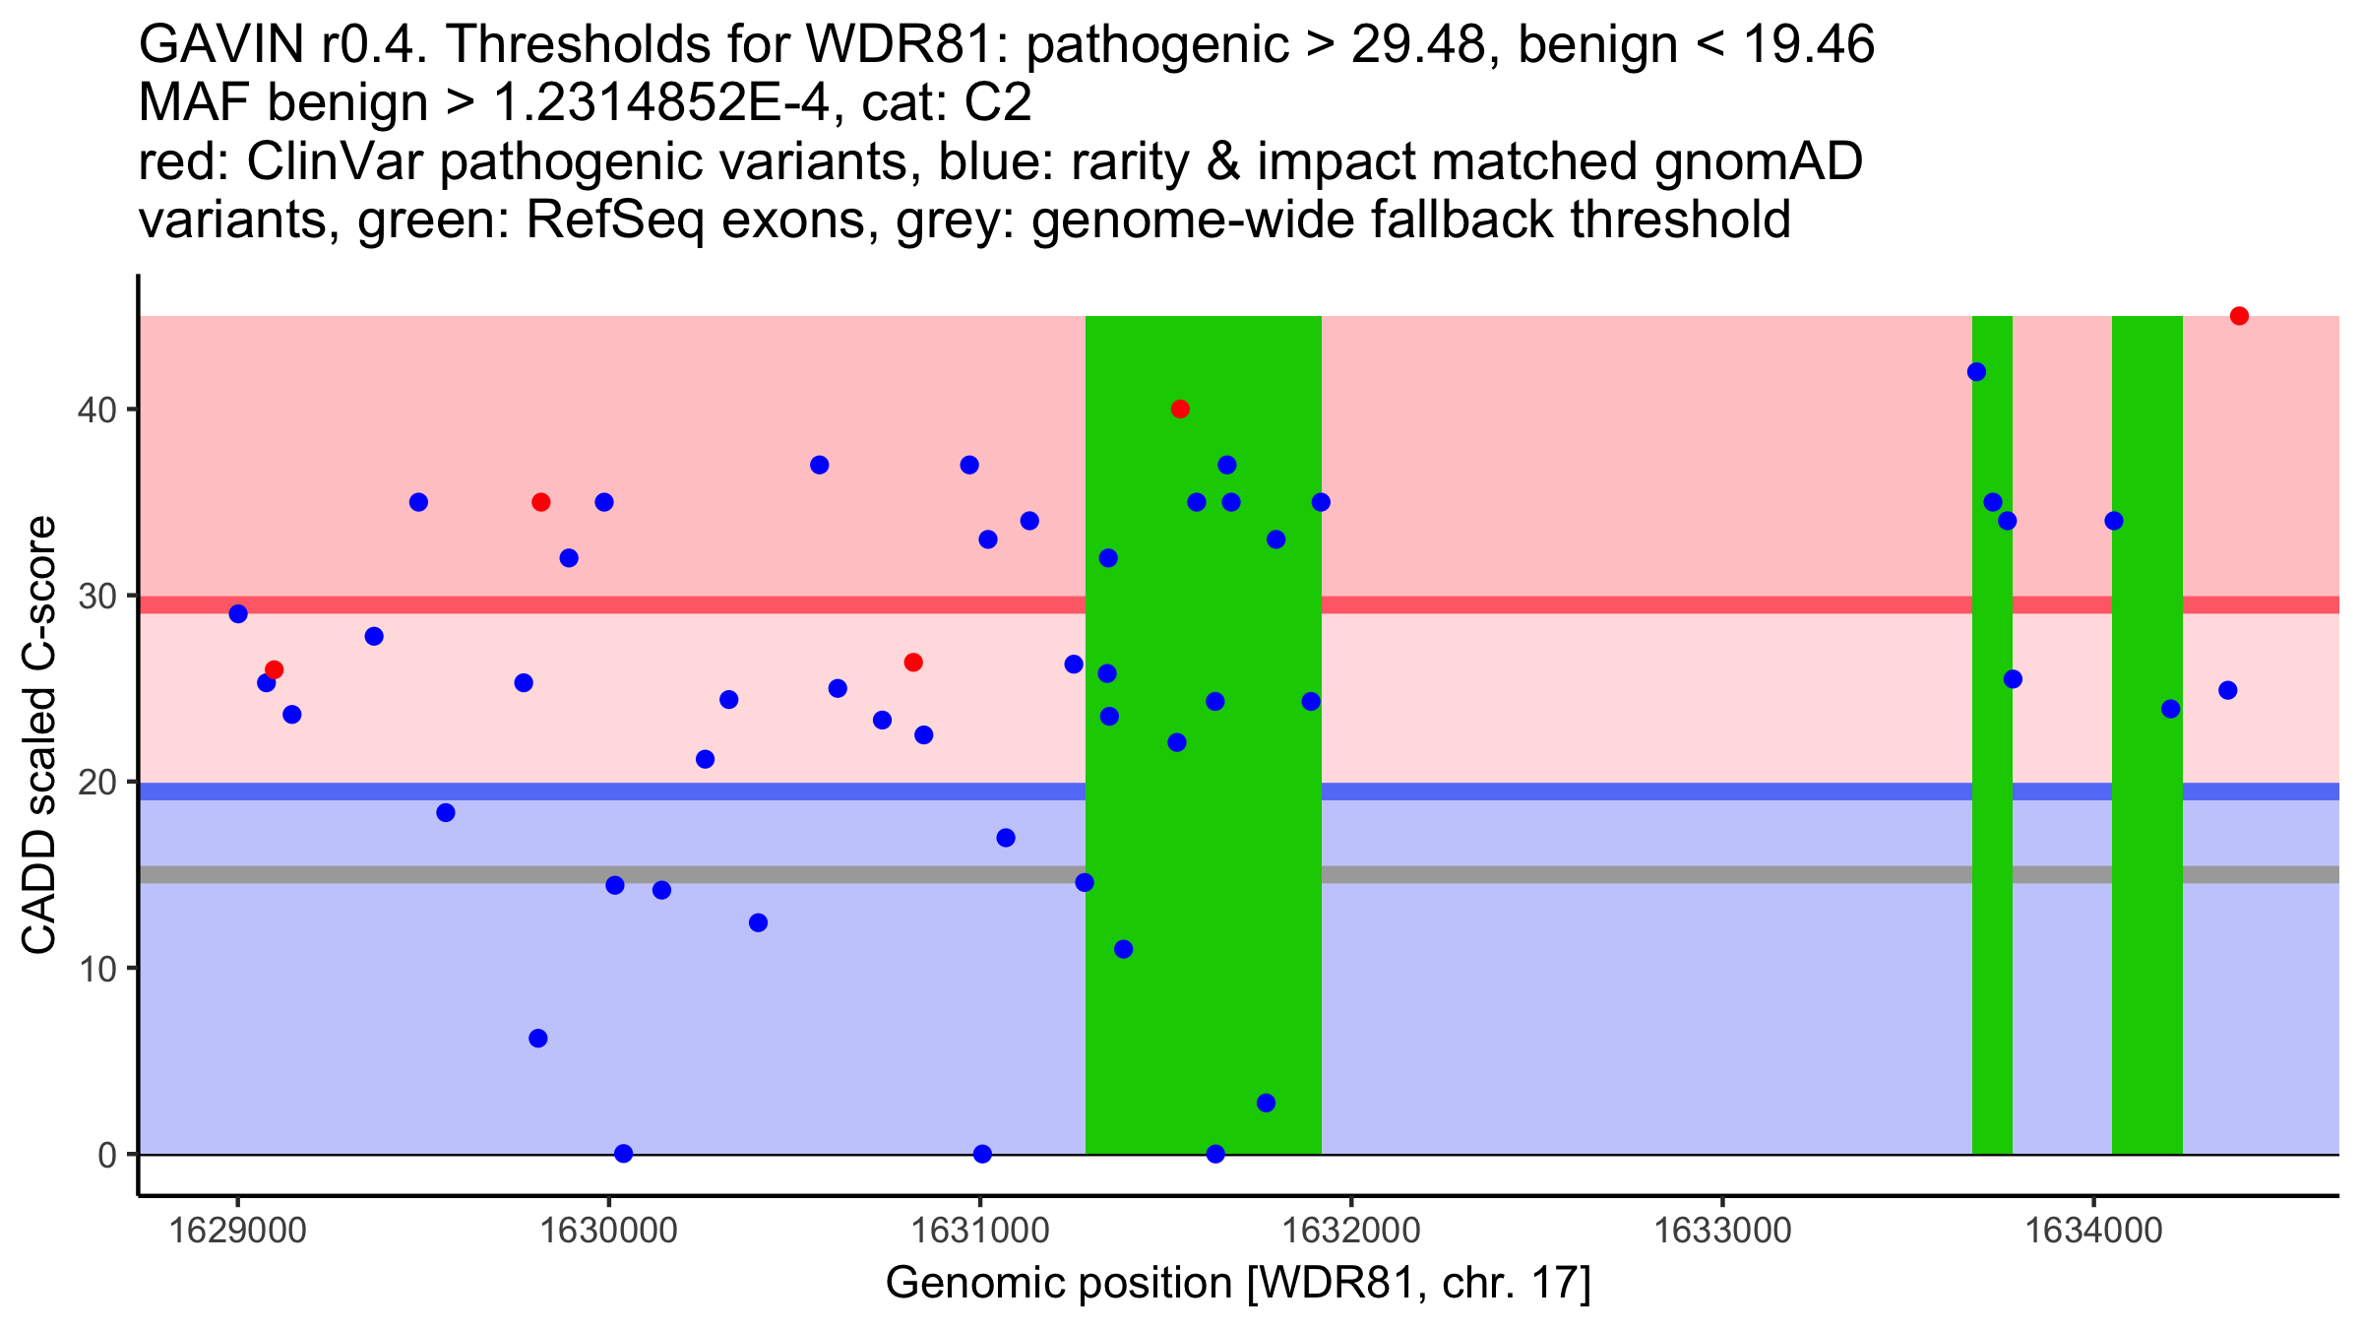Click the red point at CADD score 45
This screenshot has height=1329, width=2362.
coord(2239,316)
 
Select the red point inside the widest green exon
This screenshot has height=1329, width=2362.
coord(1180,409)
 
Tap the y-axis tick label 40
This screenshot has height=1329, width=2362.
coord(95,410)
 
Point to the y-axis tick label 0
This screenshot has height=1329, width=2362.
coord(106,1155)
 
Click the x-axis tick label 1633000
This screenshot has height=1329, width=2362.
coord(1722,1231)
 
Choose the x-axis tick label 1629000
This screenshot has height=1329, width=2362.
coord(237,1231)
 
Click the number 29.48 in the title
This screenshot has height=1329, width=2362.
coord(1417,44)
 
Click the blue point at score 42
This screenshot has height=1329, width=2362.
coord(1976,372)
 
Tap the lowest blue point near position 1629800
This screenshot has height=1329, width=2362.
coord(537,1039)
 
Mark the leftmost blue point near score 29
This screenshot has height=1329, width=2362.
coord(238,614)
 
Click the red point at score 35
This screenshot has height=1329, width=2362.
coord(540,502)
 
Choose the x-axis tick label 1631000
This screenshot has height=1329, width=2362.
coord(979,1231)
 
